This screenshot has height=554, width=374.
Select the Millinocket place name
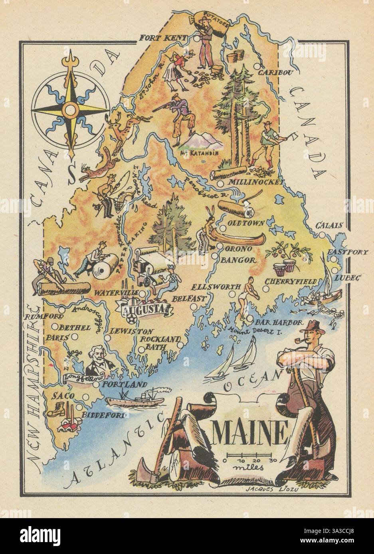pyautogui.click(x=255, y=183)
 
